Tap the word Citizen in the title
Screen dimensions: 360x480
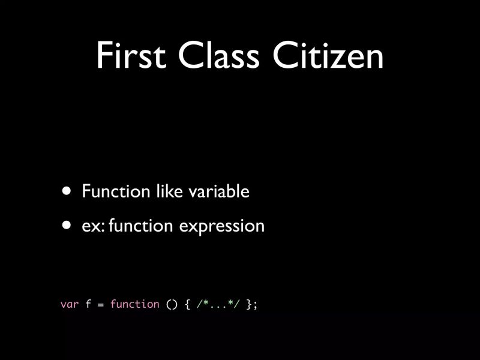coord(328,56)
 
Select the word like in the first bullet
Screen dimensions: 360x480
coord(168,191)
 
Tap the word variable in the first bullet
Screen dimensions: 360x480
coord(218,191)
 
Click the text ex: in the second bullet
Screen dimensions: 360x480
coord(93,226)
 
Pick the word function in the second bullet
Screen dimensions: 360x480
coord(141,226)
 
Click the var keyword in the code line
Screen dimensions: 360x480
coord(70,304)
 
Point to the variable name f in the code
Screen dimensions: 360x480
coord(88,304)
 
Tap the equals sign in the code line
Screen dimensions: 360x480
coord(101,305)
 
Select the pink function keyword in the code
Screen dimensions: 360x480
coord(134,304)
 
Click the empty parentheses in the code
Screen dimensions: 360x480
coord(172,304)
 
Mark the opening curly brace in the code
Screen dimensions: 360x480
coord(187,304)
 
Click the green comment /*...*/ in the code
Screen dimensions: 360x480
coord(218,304)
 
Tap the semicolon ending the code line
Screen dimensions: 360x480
coord(255,305)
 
